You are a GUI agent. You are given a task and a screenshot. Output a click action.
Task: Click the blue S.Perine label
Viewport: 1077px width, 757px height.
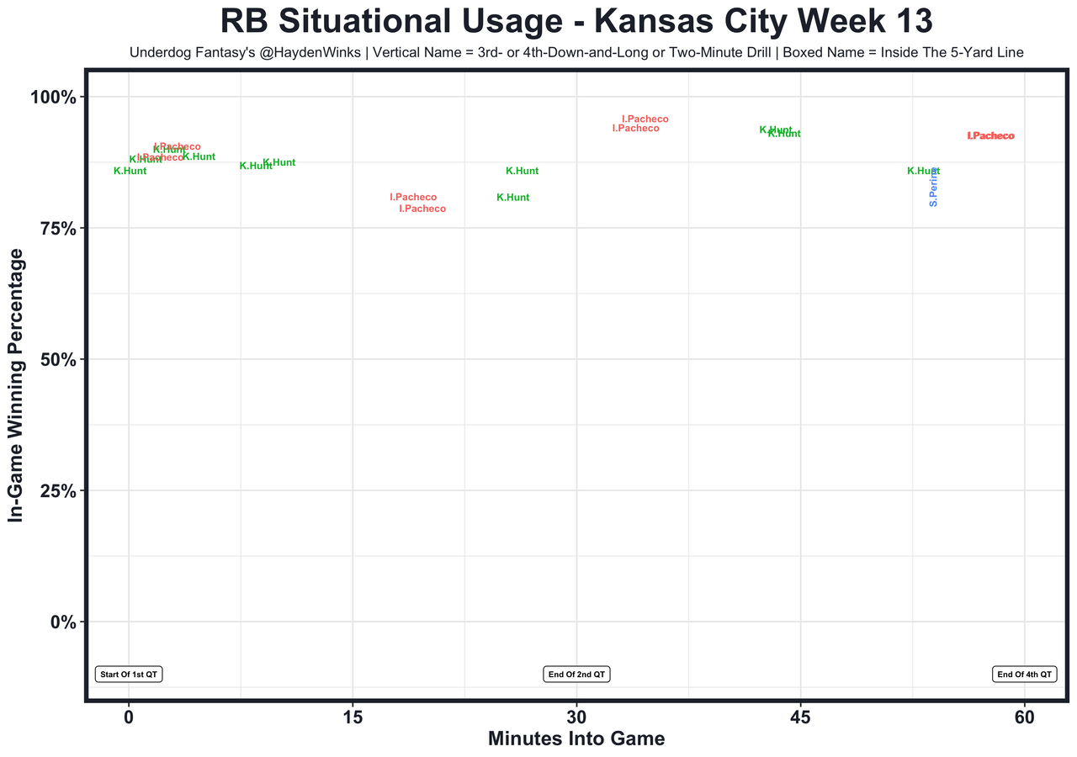click(934, 187)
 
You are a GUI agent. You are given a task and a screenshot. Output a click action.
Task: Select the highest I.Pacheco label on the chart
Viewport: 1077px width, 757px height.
click(645, 119)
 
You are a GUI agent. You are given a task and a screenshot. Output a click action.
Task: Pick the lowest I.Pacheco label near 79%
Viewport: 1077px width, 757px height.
click(422, 209)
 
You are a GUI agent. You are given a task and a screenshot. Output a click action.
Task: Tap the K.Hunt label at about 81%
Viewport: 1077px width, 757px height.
click(513, 198)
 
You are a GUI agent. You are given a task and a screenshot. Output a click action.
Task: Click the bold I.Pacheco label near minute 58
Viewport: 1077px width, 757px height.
click(991, 135)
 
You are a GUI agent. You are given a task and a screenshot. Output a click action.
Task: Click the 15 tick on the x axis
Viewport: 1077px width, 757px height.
click(353, 718)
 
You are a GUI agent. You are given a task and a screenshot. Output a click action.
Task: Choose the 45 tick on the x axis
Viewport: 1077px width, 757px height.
click(800, 718)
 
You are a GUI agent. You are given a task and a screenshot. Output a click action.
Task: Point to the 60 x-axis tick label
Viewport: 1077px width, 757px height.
click(1025, 718)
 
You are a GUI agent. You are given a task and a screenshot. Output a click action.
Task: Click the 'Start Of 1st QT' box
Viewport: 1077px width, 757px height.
click(129, 675)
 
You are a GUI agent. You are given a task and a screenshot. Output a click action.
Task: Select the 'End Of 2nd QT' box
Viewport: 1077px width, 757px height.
click(576, 675)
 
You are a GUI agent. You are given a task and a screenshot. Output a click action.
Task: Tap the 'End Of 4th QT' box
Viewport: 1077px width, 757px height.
click(1025, 675)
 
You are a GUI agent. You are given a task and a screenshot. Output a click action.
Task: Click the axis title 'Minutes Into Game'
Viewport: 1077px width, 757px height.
click(576, 739)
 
